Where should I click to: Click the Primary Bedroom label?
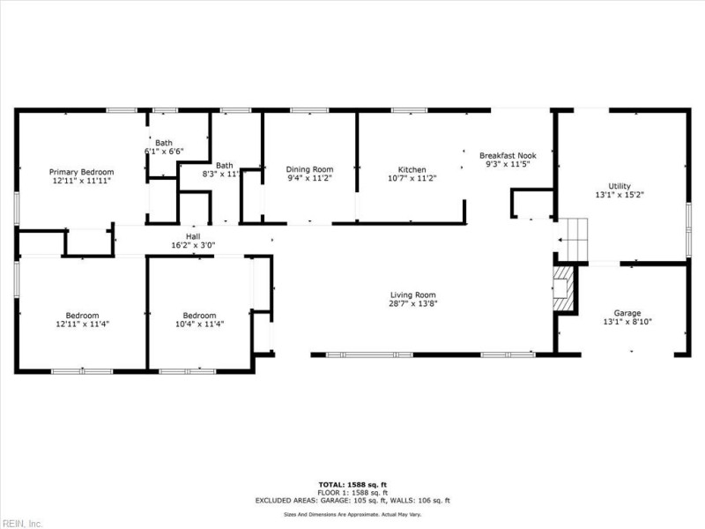coord(81,171)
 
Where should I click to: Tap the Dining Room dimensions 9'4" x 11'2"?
coord(309,178)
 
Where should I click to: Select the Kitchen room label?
coord(412,169)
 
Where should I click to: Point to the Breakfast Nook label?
coord(507,153)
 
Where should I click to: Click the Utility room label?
coord(620,186)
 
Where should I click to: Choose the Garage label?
coord(627,312)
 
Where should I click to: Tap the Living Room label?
coord(413,294)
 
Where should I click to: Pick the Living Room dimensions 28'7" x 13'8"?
coord(413,304)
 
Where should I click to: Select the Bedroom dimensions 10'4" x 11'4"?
coord(199,324)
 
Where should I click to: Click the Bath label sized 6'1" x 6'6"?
coord(164,143)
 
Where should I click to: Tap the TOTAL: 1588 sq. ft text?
coord(352,484)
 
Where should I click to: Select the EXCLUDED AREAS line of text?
coord(352,500)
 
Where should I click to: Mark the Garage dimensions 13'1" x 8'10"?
coord(627,322)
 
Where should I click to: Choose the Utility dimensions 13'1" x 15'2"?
coord(620,196)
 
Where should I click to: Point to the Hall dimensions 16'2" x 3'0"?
coord(192,247)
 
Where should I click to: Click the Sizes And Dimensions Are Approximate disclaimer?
coord(352,513)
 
